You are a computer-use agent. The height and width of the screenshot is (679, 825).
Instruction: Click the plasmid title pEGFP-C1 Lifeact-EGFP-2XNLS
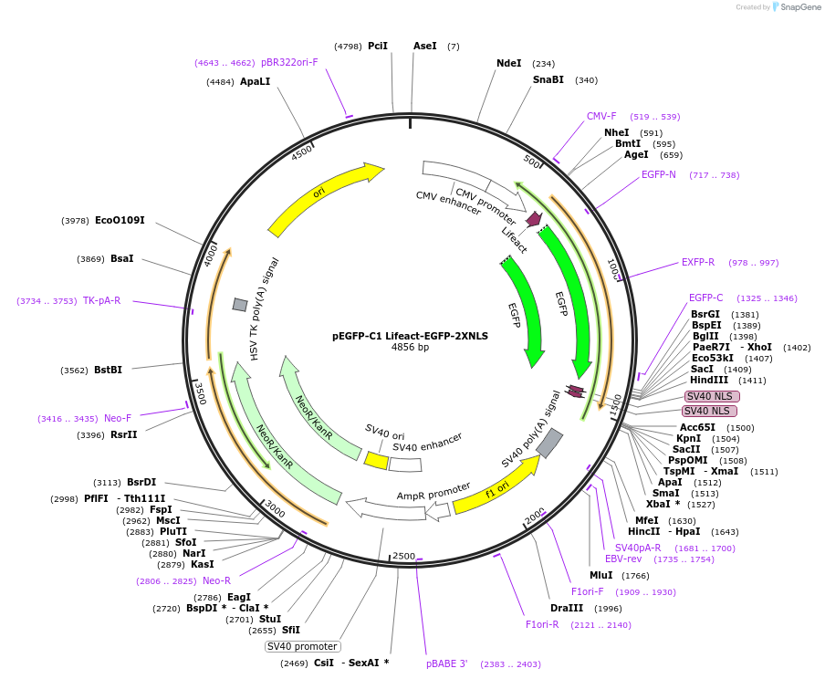click(410, 336)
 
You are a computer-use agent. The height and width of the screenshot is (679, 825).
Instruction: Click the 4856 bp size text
click(410, 348)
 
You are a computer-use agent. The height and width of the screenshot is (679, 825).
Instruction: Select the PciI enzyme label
click(378, 46)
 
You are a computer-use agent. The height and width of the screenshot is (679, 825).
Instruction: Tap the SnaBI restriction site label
click(548, 79)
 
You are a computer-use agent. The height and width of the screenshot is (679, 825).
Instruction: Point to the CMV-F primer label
click(601, 116)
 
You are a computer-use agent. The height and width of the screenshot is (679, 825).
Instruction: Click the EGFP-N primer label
click(658, 174)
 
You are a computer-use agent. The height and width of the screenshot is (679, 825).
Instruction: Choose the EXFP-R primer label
click(698, 262)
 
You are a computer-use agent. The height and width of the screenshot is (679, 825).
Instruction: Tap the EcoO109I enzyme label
click(120, 220)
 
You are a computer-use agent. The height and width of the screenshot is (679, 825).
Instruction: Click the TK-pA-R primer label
click(101, 300)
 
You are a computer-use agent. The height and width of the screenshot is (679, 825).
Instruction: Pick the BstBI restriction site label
click(108, 370)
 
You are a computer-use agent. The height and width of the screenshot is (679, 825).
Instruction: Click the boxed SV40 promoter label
click(302, 646)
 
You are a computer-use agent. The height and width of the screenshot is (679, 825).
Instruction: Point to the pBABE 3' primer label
click(446, 663)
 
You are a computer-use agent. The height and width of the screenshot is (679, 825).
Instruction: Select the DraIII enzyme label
click(566, 608)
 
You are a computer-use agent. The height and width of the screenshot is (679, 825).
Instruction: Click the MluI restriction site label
click(600, 575)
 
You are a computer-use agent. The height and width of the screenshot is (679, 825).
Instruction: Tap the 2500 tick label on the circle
click(403, 556)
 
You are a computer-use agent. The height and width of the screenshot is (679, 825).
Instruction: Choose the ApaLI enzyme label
click(255, 81)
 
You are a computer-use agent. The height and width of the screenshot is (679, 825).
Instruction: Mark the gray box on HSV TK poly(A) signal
click(240, 304)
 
